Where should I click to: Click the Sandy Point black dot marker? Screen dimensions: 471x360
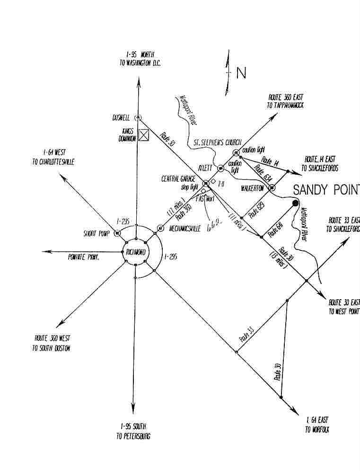296,203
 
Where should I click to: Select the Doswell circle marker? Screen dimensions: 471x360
138,117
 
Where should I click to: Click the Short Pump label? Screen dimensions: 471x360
97,233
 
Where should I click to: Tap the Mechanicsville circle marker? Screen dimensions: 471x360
160,228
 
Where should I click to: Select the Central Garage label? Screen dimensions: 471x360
178,179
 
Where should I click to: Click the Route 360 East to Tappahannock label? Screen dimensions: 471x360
285,101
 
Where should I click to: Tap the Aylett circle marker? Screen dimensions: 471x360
220,168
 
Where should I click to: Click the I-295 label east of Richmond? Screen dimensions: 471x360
172,257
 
